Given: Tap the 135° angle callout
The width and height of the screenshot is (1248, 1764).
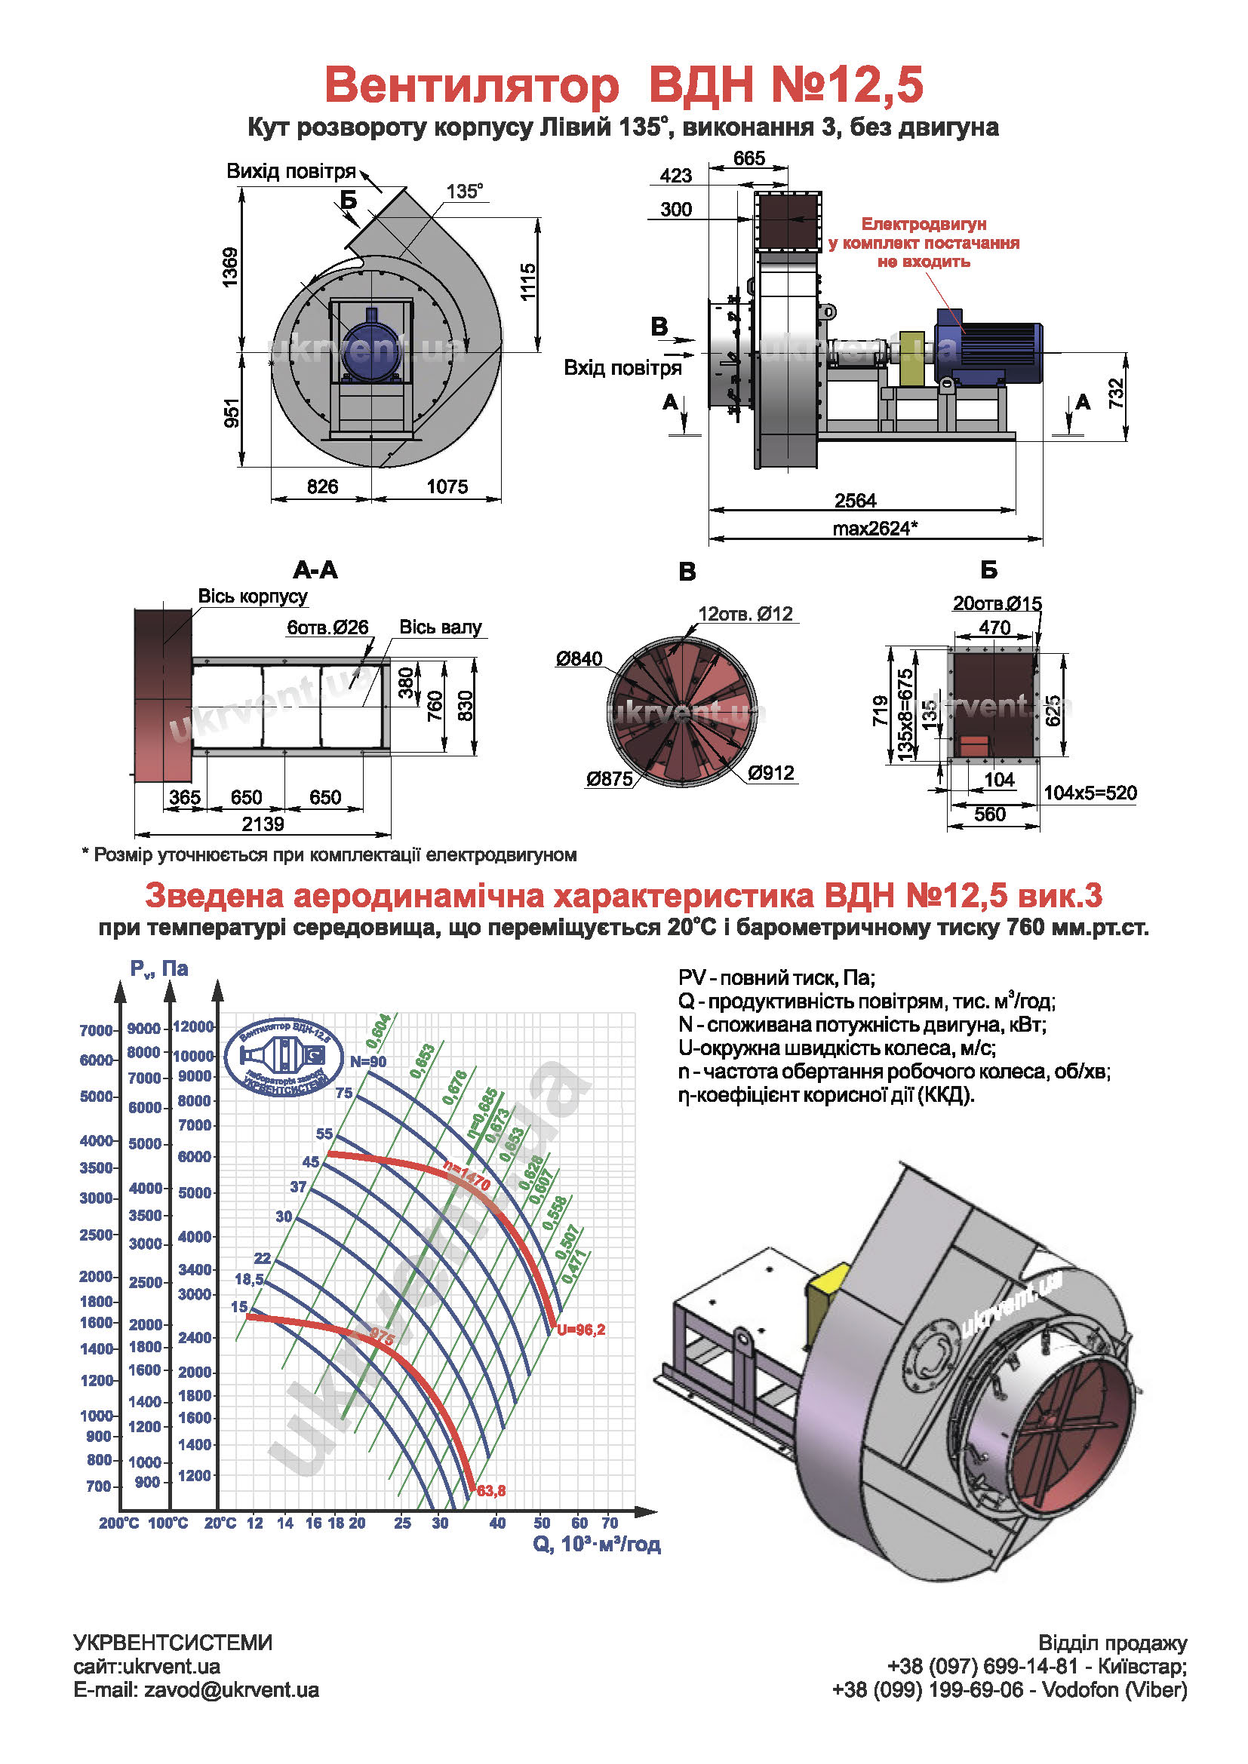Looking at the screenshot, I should coord(464,192).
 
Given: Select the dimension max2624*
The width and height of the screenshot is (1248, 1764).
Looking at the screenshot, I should coord(875,529).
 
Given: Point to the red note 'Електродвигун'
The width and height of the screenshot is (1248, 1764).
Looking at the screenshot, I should coord(923,224).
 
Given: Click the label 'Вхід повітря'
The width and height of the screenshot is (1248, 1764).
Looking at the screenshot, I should coord(622,368).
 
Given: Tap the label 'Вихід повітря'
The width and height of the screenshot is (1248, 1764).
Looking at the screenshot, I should coord(290,170).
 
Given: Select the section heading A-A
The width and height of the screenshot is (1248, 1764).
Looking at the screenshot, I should coord(315,570).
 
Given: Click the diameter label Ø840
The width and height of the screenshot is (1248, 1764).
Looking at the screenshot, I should coord(579,658).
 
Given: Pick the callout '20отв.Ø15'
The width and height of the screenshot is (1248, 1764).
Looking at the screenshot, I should coord(997,603).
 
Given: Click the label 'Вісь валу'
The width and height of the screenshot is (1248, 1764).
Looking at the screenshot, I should coord(440,627).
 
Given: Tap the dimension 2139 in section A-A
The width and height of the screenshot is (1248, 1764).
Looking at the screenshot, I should coord(263,824).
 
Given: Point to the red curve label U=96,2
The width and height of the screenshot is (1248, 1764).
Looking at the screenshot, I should coord(581,1330).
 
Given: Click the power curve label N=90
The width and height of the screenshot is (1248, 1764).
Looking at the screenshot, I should coord(368,1062).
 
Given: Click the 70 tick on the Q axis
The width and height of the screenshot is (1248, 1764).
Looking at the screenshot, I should coord(610,1523).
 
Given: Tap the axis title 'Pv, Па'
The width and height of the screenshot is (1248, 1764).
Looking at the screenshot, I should coord(159,968).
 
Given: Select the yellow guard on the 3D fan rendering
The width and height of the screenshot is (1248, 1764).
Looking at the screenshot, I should coord(828,1293).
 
